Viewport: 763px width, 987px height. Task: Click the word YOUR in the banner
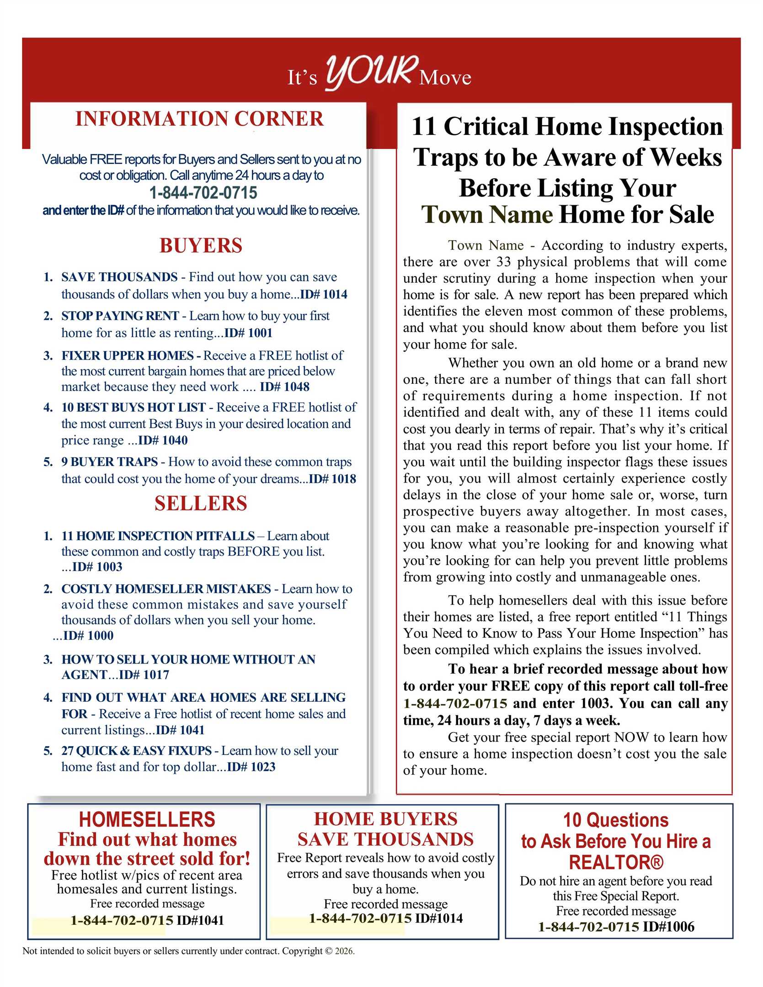tap(371, 72)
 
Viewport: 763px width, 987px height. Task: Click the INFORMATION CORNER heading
tap(199, 119)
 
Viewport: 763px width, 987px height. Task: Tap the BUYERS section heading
tap(201, 245)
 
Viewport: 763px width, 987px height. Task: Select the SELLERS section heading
tap(201, 503)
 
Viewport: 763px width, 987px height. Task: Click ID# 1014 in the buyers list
tap(324, 294)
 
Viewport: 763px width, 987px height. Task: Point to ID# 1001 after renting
tap(248, 333)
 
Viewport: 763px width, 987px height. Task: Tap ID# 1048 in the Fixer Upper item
tap(284, 387)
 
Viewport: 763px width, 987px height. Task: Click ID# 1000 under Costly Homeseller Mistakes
tap(88, 635)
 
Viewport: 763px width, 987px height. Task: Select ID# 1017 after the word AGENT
tap(144, 674)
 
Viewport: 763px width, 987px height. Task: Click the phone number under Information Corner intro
tap(203, 193)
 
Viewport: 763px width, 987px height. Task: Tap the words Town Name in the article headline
tap(487, 215)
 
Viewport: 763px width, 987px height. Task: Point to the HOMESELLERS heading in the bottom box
tap(147, 819)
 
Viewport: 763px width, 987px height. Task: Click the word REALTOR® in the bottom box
tap(616, 862)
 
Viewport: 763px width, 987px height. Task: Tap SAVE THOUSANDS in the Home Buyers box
tap(385, 839)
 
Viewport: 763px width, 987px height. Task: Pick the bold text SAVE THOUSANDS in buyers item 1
tap(119, 277)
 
